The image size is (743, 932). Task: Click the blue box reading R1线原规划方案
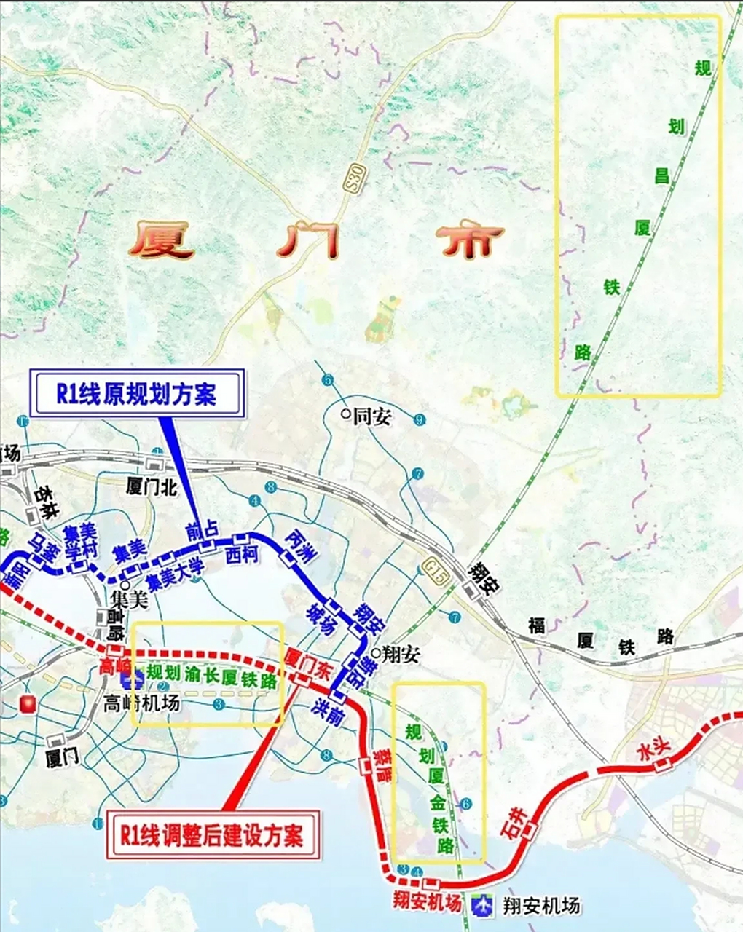[136, 394]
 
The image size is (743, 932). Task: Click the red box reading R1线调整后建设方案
[212, 832]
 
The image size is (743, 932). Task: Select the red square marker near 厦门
[28, 704]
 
